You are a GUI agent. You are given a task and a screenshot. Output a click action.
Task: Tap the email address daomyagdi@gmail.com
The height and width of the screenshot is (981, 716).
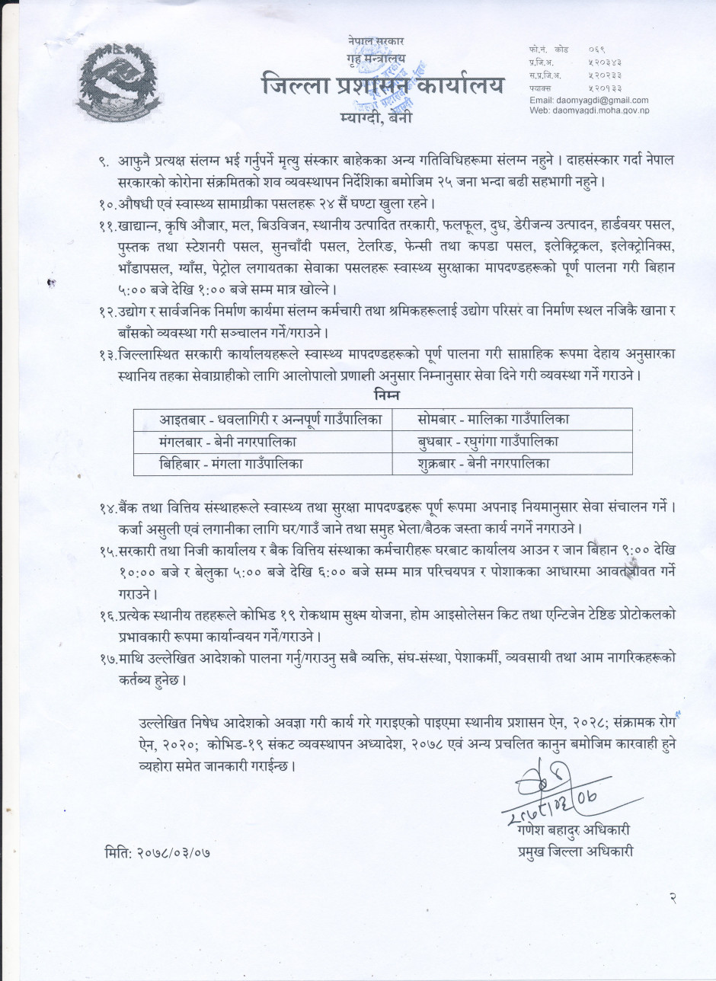[588, 100]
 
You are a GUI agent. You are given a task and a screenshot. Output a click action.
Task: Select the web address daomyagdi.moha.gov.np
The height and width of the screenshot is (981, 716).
[598, 111]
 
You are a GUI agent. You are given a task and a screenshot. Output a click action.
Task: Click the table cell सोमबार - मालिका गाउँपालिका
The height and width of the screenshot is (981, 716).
[494, 419]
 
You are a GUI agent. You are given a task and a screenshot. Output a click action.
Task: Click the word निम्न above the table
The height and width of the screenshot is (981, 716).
[387, 396]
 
